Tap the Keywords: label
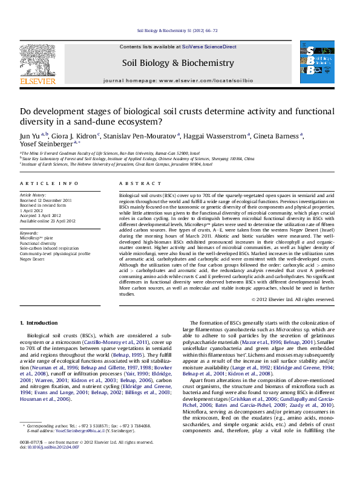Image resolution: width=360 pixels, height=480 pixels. tap(30, 232)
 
